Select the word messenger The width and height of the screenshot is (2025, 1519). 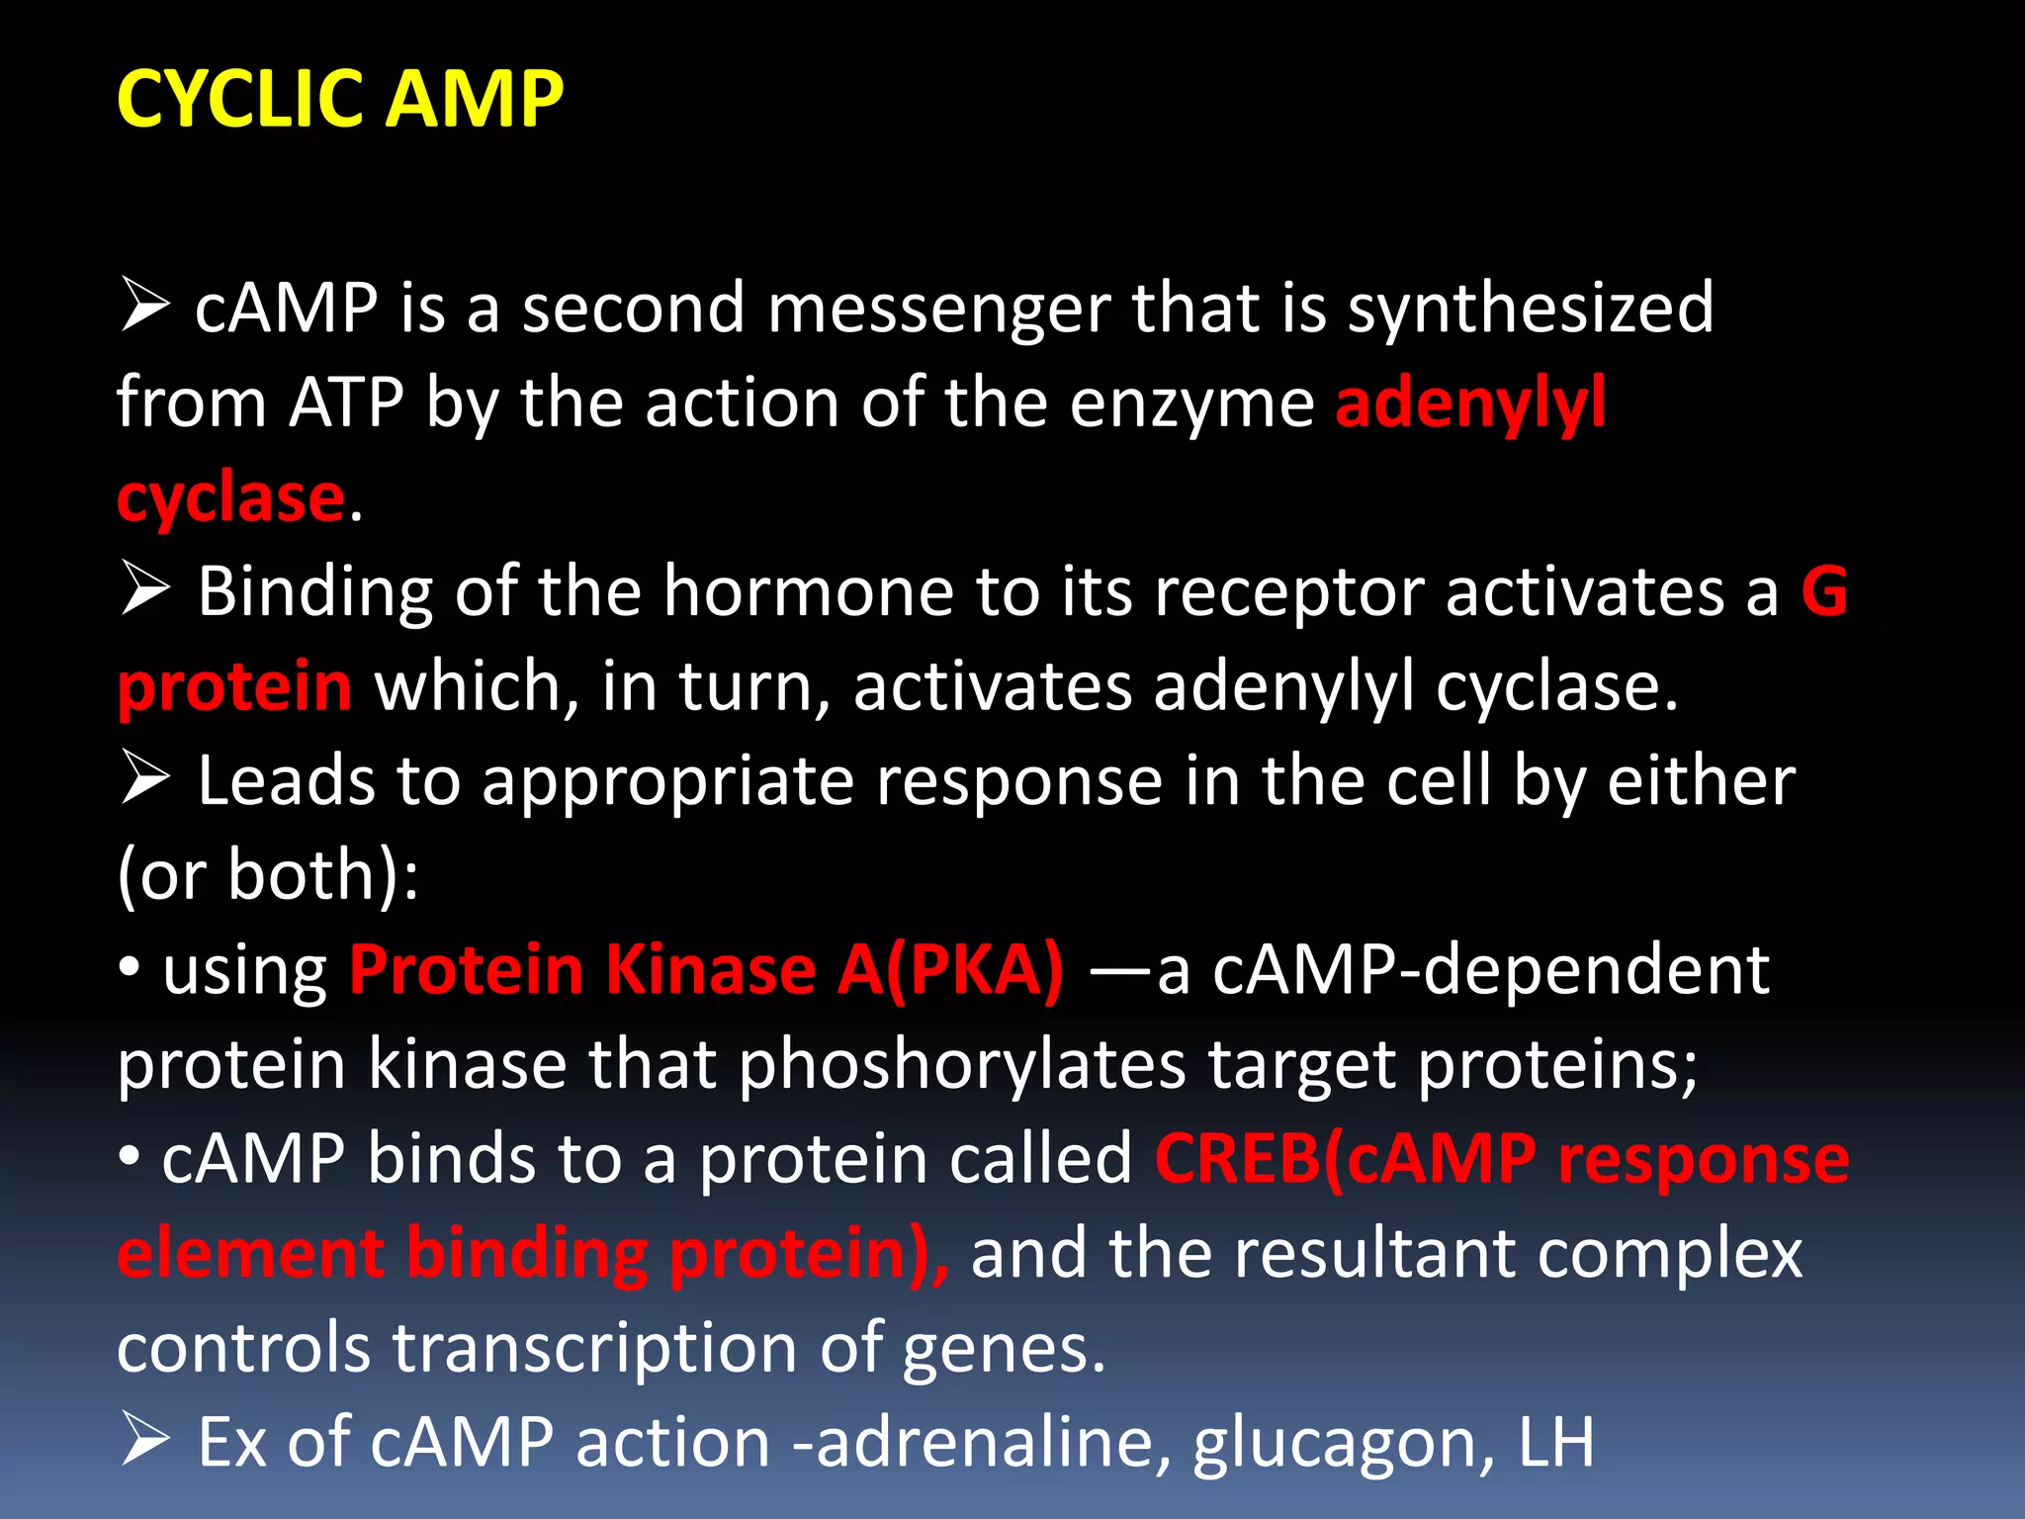coord(938,309)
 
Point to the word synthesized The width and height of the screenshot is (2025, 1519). coord(1531,309)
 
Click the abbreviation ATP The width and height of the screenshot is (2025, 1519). coord(346,402)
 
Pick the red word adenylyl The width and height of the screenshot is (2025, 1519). coord(1470,402)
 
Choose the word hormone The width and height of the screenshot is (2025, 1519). coord(808,591)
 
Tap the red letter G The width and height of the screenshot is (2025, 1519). coord(1824,591)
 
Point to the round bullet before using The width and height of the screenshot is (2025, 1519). coord(130,968)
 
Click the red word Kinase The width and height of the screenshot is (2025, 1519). coord(710,969)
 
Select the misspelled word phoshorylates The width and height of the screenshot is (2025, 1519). coord(961,1064)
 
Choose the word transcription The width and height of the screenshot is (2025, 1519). coord(594,1347)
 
